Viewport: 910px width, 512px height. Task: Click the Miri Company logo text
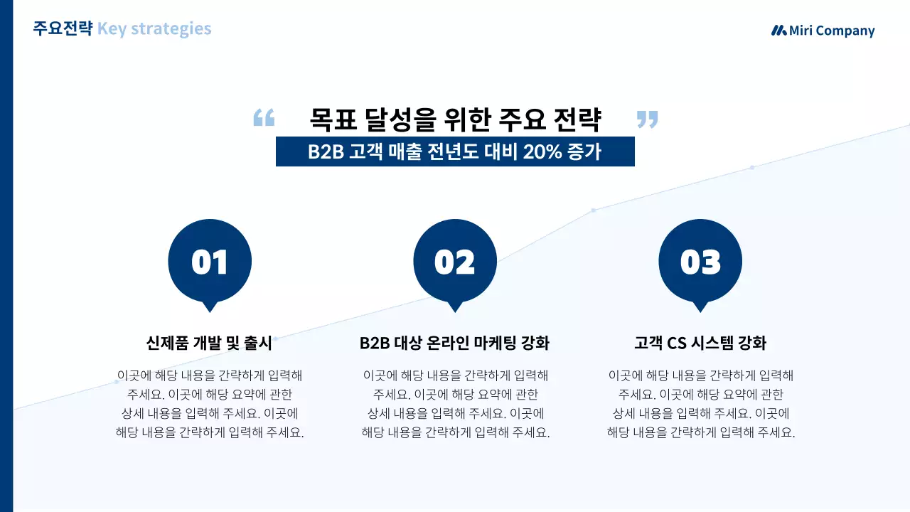[x=832, y=31]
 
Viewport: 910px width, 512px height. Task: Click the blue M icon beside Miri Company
[x=779, y=31]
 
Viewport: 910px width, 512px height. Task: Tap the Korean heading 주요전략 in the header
[x=63, y=29]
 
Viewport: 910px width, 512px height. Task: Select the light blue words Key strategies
[x=154, y=29]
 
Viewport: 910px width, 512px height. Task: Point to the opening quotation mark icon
[x=264, y=118]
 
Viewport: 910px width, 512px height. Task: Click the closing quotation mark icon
[x=647, y=119]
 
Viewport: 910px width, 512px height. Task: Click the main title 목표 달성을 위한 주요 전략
[x=455, y=119]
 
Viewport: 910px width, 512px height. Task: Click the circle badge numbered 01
[x=210, y=261]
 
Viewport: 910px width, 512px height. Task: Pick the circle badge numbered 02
[x=455, y=261]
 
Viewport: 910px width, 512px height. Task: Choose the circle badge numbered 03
[x=700, y=261]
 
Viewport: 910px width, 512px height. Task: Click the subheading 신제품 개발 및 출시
[x=210, y=343]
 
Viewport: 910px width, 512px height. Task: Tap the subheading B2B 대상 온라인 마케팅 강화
[x=455, y=343]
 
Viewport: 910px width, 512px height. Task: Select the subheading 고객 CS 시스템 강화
[x=700, y=343]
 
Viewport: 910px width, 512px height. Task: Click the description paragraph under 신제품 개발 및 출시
[x=210, y=404]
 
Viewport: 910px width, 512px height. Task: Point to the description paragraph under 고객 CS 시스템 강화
[x=700, y=404]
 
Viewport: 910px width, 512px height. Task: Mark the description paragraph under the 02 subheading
[x=455, y=404]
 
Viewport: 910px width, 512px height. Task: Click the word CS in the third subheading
[x=676, y=343]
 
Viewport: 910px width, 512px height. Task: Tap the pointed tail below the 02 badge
[x=455, y=306]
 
